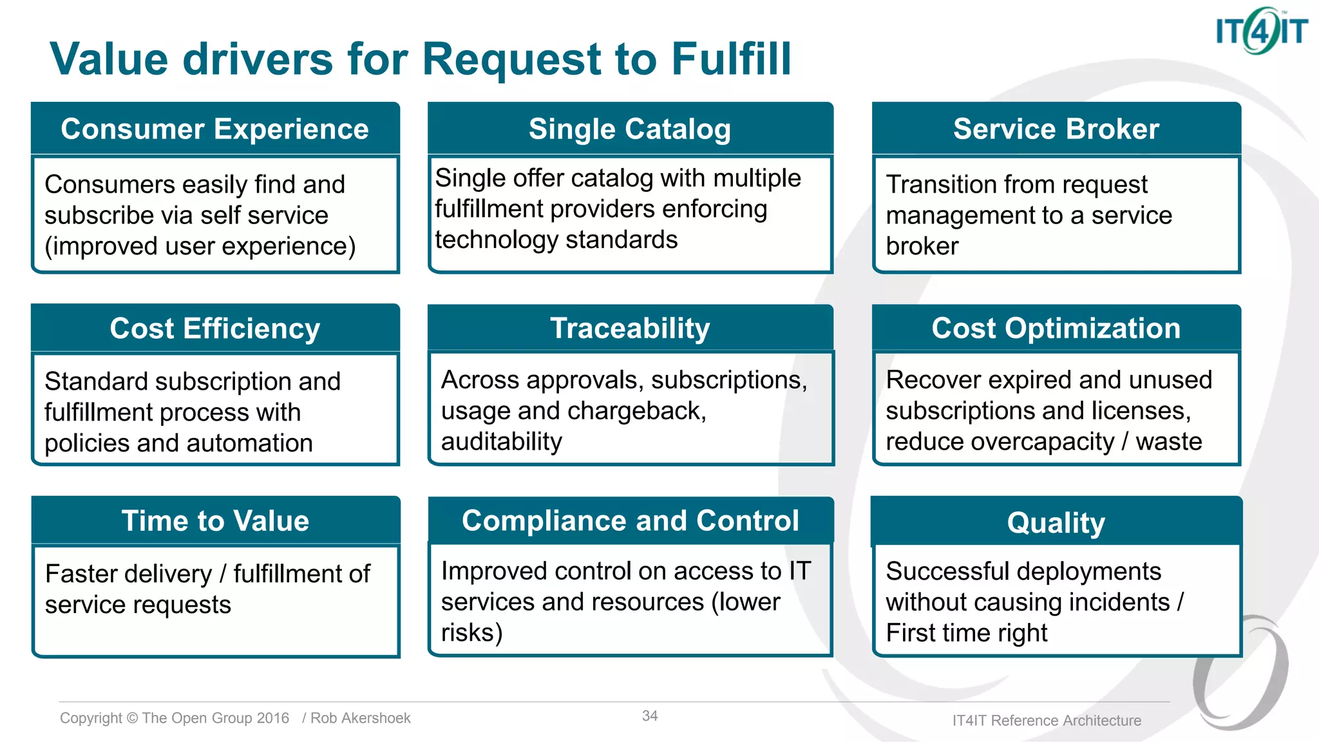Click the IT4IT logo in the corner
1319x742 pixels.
[1260, 31]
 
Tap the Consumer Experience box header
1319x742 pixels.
[214, 129]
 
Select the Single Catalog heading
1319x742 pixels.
[629, 129]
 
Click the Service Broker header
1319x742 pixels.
[1056, 129]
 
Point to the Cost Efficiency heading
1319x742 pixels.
[214, 328]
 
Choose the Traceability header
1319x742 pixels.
[629, 328]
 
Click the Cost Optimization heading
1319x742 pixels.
[1056, 328]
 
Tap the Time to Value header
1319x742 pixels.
[214, 520]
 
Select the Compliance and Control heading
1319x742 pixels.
[629, 520]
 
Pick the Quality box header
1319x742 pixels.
[1056, 522]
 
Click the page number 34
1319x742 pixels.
[649, 716]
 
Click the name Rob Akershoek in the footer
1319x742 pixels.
[360, 718]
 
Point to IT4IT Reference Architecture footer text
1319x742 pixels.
[1047, 721]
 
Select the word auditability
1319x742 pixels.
[501, 442]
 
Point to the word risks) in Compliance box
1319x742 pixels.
[471, 633]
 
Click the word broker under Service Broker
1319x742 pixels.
[922, 246]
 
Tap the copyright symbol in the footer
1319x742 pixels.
[132, 718]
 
